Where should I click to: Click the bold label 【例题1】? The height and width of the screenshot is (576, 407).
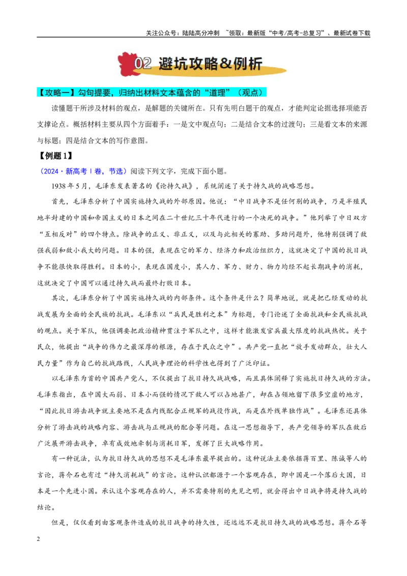click(55, 156)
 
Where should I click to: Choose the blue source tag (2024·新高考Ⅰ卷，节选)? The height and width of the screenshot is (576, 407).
click(83, 171)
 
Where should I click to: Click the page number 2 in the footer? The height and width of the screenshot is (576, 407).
click(39, 539)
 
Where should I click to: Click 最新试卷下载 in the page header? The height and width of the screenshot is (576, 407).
click(352, 33)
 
